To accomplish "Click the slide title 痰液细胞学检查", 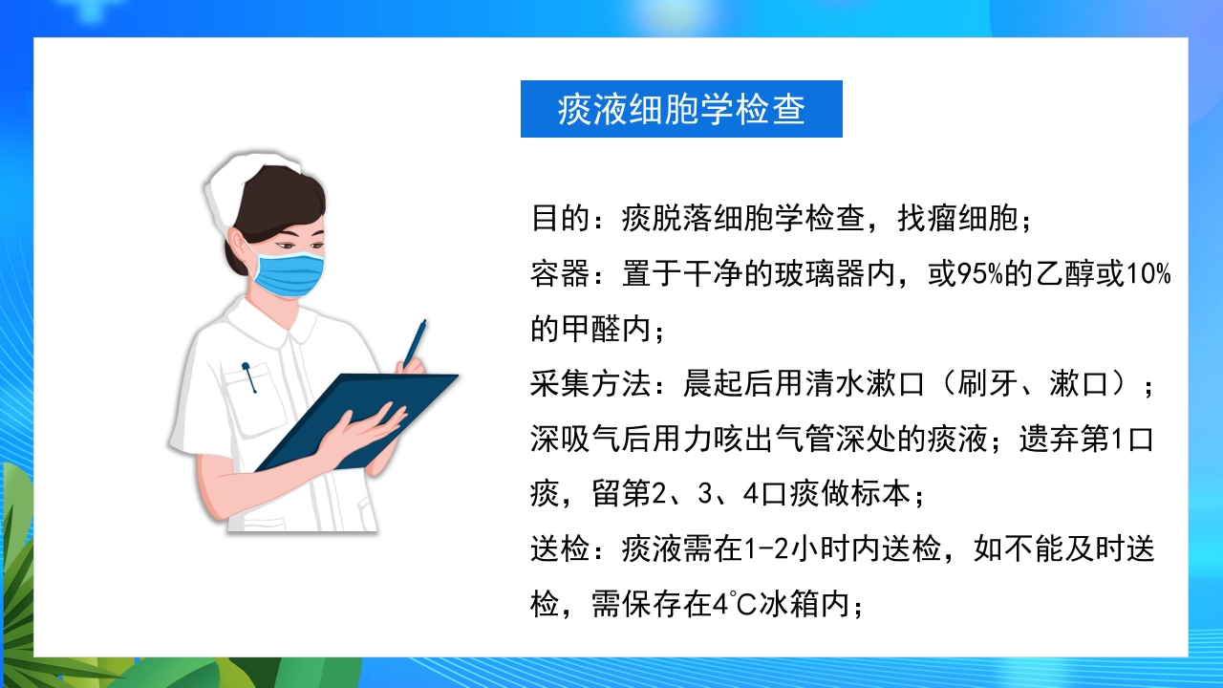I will click(681, 109).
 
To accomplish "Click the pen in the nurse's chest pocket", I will click(249, 377).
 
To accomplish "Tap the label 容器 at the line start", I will click(560, 275).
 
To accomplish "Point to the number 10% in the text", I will click(1149, 275).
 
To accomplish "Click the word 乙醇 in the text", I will click(1064, 275).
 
